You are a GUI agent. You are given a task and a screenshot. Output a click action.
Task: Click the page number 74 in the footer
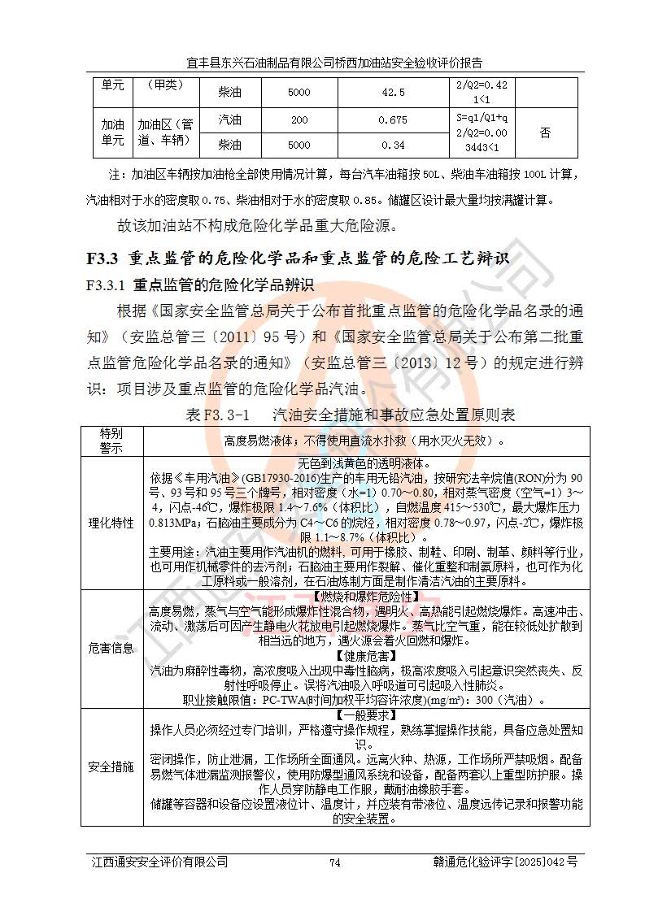point(333,862)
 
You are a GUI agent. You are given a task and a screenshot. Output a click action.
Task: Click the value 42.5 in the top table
point(392,93)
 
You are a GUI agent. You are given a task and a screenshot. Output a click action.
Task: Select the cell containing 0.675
point(392,120)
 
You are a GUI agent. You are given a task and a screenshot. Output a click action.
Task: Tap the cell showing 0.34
point(392,145)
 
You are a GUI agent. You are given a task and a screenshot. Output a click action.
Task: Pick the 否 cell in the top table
point(546,132)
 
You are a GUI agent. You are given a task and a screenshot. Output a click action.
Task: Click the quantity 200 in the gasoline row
point(299,120)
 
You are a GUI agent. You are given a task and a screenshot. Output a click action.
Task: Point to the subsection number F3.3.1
point(104,286)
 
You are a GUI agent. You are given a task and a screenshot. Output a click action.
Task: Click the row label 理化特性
point(111,523)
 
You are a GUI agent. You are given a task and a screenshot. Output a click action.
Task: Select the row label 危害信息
point(111,648)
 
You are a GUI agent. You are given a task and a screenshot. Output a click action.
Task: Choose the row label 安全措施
point(111,767)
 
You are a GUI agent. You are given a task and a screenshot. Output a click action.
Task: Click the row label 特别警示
point(111,440)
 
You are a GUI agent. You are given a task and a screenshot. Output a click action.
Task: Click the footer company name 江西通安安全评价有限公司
point(159,862)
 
